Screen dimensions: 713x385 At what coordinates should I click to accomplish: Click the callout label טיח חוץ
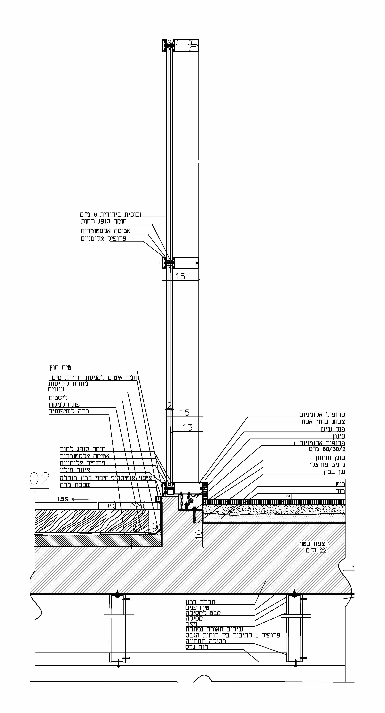pyautogui.click(x=60, y=368)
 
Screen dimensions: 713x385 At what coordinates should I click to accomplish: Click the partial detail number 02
pyautogui.click(x=40, y=479)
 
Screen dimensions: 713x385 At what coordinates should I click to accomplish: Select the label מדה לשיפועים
pyautogui.click(x=69, y=411)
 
